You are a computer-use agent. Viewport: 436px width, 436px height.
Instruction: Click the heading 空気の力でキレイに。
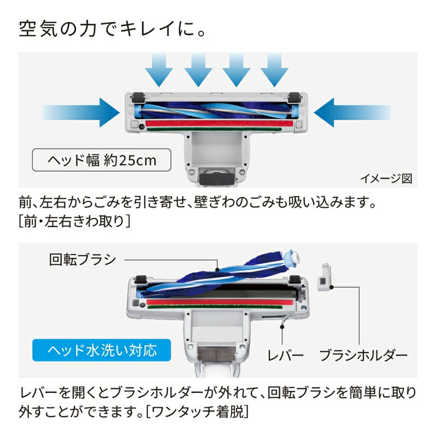click(113, 29)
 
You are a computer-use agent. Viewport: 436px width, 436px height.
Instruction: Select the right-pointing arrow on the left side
click(82, 112)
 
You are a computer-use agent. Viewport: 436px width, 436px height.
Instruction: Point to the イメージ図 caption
click(386, 178)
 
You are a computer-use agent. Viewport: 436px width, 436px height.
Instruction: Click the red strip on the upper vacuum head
click(218, 123)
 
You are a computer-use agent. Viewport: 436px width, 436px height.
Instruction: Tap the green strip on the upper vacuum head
click(218, 130)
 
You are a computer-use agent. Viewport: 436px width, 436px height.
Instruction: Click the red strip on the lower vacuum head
click(218, 301)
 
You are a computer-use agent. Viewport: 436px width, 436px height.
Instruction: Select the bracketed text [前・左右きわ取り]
click(75, 221)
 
